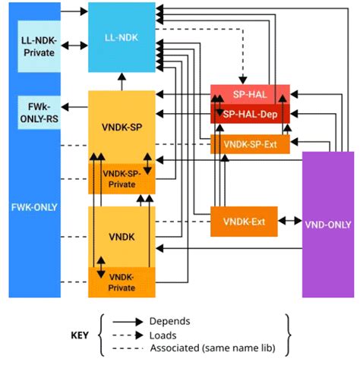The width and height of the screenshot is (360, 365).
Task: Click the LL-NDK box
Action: point(122,36)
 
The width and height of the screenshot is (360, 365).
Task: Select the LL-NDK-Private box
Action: point(39,46)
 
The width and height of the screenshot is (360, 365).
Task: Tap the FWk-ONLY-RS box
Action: point(39,111)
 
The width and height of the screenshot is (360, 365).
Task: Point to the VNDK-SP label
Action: point(122,127)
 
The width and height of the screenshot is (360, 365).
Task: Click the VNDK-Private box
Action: point(122,282)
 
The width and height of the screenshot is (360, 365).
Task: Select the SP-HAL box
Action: point(250,94)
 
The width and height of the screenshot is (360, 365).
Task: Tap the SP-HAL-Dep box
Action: point(250,114)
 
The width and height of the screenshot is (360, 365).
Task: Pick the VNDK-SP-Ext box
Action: point(250,143)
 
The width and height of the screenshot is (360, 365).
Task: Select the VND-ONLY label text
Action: point(329,225)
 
